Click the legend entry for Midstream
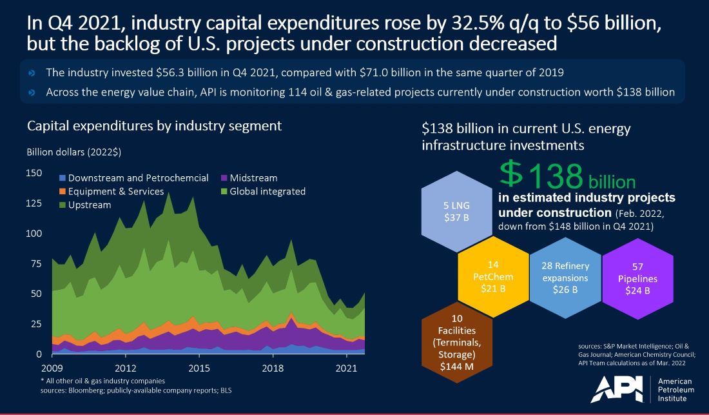[x=253, y=177]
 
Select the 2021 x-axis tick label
[x=347, y=369]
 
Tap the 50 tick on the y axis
[x=37, y=294]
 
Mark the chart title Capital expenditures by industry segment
[x=154, y=125]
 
